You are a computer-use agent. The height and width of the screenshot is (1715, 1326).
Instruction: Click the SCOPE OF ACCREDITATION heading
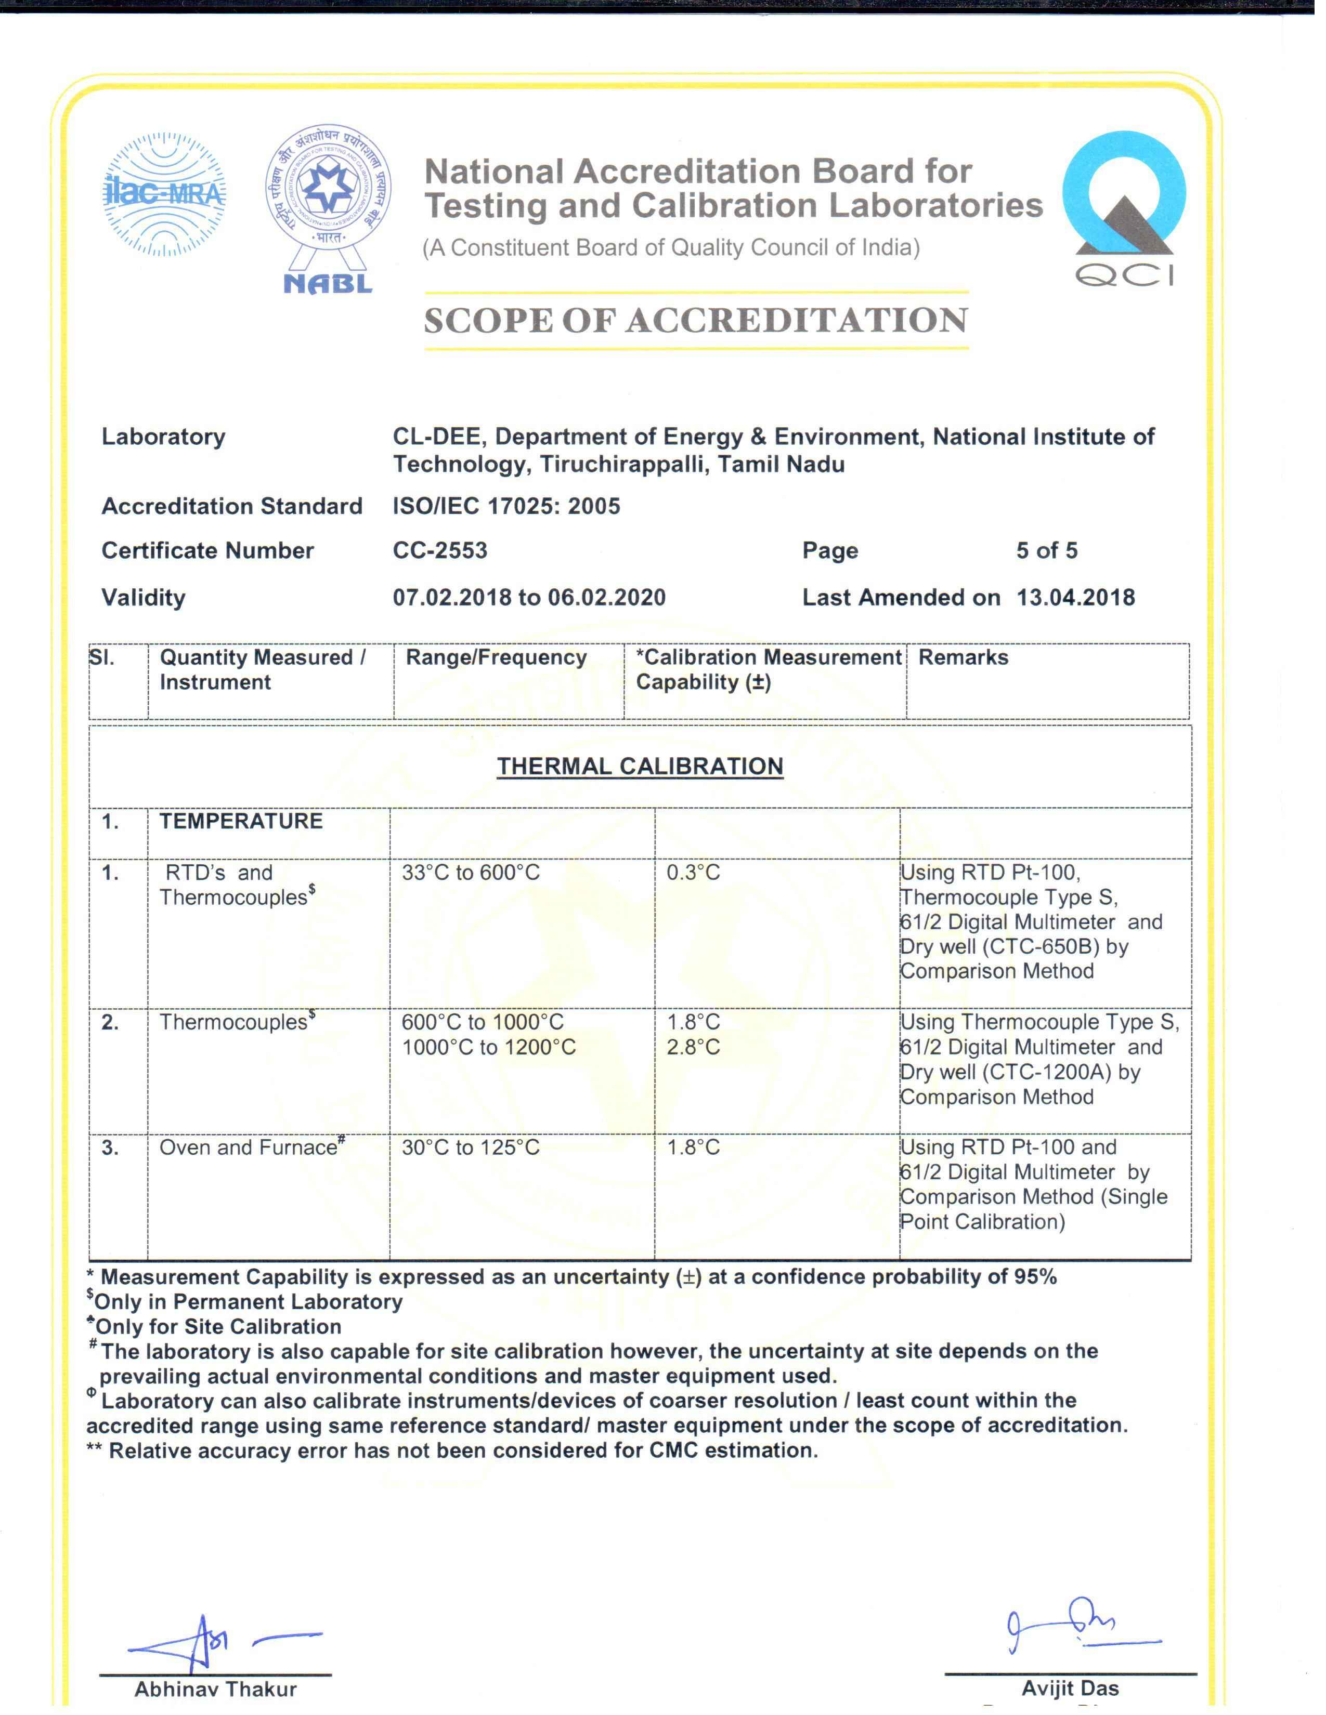[696, 320]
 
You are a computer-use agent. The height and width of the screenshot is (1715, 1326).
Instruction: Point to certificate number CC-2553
[440, 550]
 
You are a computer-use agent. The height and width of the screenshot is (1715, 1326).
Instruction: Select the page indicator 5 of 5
[1046, 550]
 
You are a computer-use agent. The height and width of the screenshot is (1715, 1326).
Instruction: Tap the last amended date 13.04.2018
[1075, 598]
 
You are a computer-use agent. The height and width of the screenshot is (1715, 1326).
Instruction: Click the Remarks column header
[963, 657]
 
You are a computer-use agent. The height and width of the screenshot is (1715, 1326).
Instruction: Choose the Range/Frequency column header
[496, 657]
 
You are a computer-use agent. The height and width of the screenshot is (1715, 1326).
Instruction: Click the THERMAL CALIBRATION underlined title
[640, 767]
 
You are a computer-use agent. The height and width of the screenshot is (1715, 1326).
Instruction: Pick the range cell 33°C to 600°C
[471, 873]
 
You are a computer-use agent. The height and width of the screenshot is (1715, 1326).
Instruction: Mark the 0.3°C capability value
[693, 873]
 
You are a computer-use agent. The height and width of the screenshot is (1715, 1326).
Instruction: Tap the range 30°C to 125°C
[471, 1147]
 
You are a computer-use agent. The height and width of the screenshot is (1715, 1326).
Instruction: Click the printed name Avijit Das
[1070, 1688]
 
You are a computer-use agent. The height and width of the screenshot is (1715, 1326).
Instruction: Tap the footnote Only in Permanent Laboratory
[248, 1302]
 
